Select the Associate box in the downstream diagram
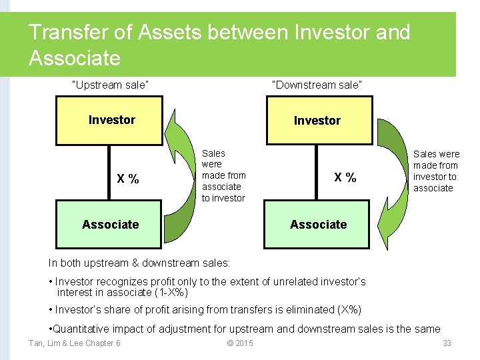(x=318, y=225)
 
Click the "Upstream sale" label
(x=110, y=85)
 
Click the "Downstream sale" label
(x=317, y=85)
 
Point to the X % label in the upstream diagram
(x=128, y=179)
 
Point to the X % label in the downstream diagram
(x=345, y=177)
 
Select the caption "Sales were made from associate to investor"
(x=223, y=175)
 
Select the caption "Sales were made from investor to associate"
(x=436, y=171)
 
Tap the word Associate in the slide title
(x=75, y=58)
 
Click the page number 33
(x=447, y=343)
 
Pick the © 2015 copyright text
(x=240, y=343)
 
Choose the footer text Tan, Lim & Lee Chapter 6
(x=74, y=343)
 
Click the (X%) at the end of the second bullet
(x=349, y=309)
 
